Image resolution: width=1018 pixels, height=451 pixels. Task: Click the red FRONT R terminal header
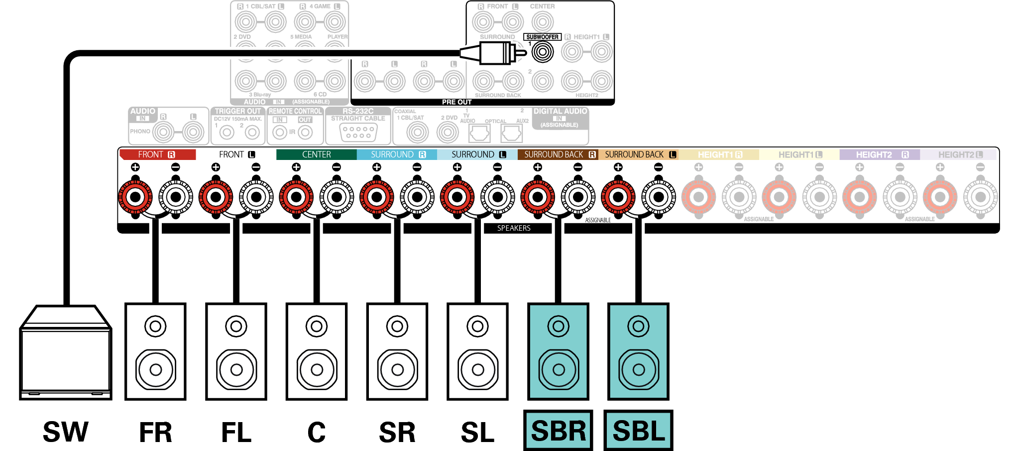coord(157,154)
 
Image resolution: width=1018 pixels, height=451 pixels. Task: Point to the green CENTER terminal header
coord(316,154)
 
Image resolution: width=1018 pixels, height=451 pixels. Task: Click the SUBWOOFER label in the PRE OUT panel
coord(542,37)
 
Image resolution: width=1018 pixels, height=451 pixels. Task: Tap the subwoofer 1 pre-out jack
coord(542,52)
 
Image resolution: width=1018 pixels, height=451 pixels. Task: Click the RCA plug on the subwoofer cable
coord(495,52)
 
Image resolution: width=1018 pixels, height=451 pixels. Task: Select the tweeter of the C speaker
coord(317,326)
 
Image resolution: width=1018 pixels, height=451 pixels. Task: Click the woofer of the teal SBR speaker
coord(559,369)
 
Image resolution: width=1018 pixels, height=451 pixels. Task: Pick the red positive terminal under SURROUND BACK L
coord(618,197)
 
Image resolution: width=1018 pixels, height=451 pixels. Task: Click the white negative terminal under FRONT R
coord(176,197)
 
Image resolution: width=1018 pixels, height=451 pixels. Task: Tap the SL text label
coord(477,432)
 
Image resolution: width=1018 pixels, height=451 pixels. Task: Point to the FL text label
coord(236,432)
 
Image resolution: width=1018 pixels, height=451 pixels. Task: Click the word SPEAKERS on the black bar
coord(514,228)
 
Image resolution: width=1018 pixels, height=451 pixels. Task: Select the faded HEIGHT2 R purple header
coord(879,154)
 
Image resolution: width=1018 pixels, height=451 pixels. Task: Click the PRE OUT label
coord(456,102)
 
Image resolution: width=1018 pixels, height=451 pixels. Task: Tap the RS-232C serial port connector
coord(358,132)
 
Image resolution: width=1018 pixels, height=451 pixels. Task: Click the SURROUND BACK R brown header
coord(558,154)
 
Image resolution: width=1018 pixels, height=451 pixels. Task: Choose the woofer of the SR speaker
coord(397,369)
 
